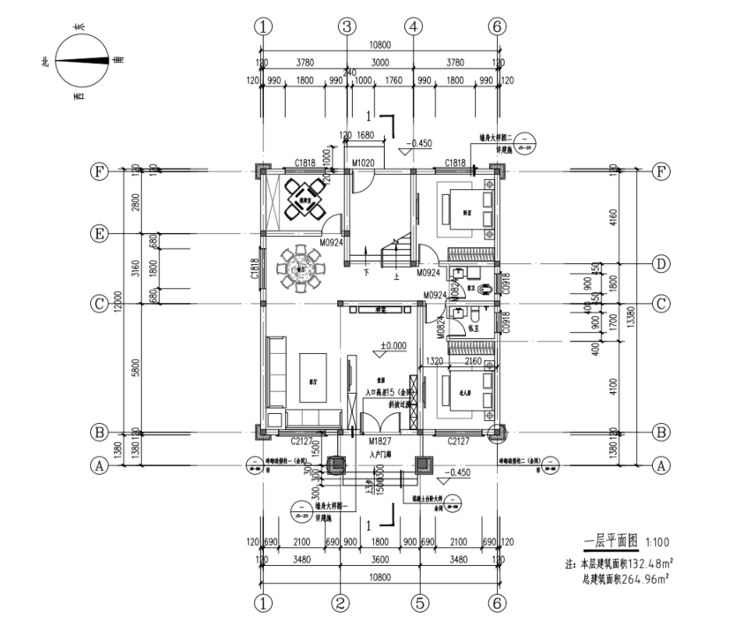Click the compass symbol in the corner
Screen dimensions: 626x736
pos(81,61)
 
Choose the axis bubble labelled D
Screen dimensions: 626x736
pos(659,263)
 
